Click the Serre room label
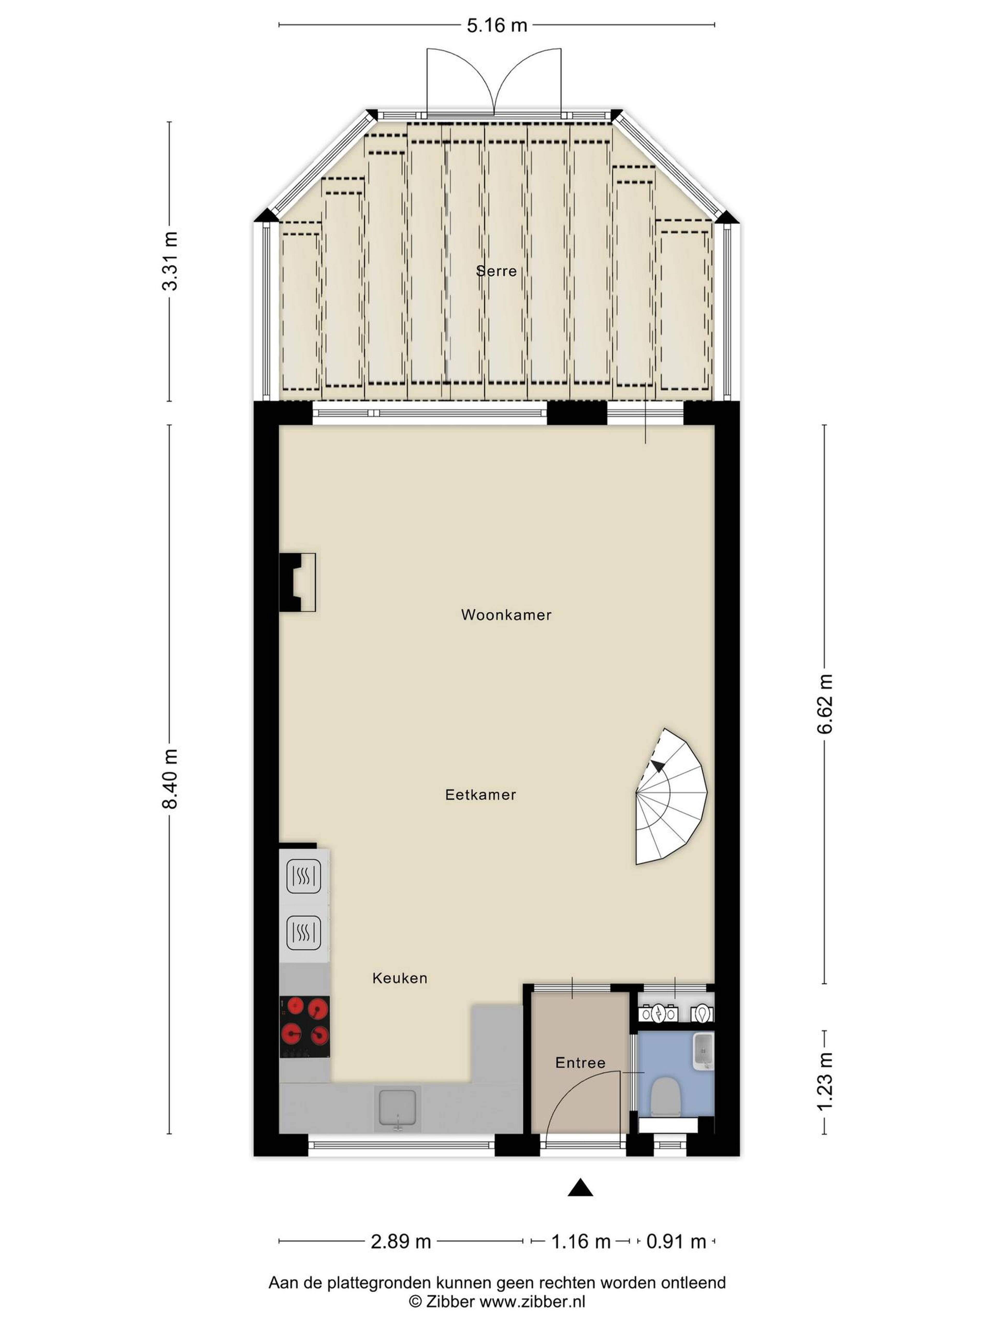click(496, 271)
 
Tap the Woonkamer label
click(506, 615)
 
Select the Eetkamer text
click(480, 795)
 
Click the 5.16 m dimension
click(497, 25)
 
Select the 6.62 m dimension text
click(825, 704)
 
